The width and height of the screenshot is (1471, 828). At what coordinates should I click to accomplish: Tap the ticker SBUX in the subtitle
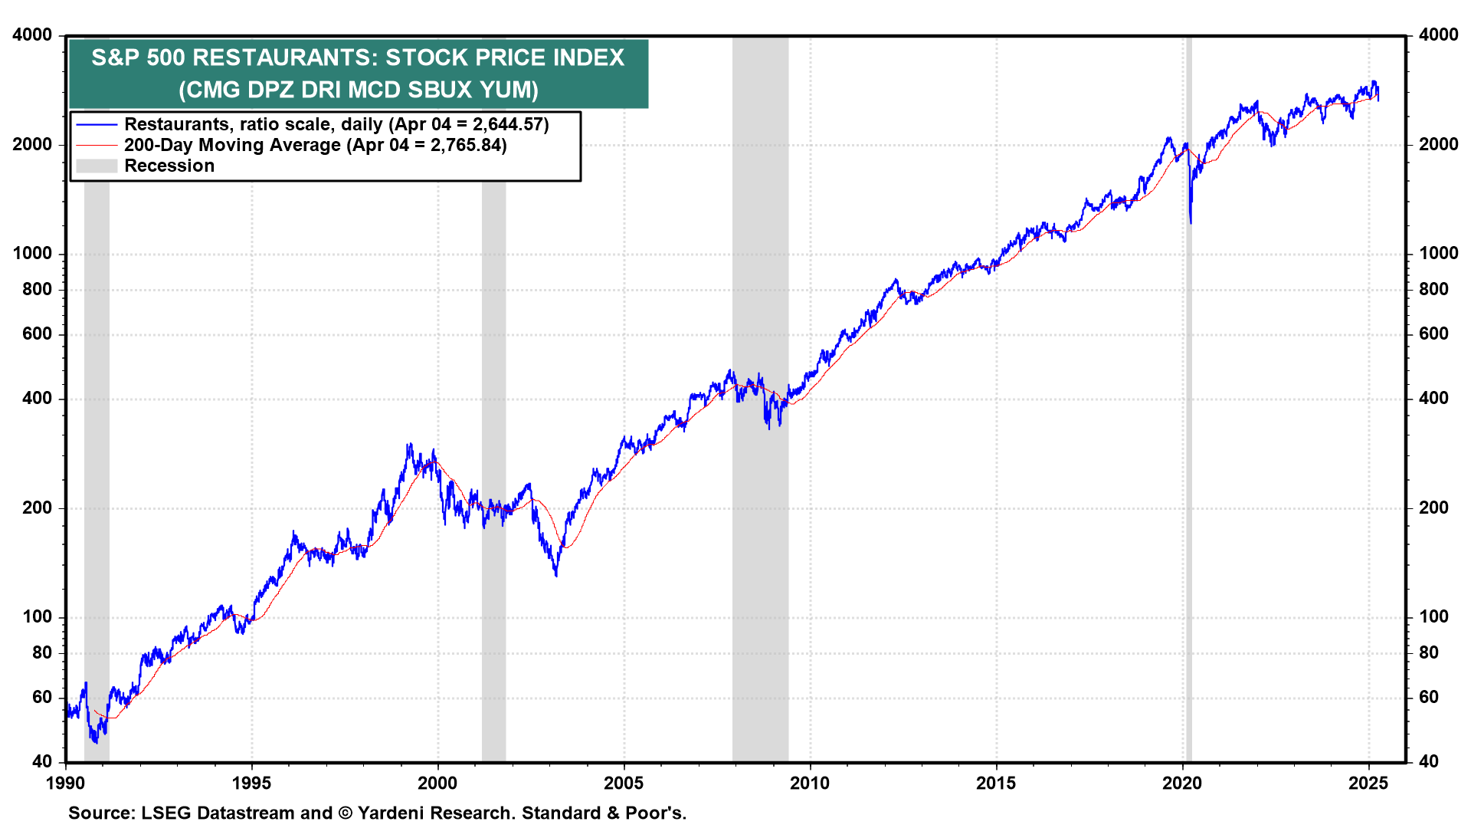(x=440, y=90)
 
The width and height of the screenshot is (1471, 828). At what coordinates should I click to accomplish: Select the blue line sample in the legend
(x=97, y=125)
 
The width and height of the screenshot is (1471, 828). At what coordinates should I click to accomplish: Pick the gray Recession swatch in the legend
(x=97, y=166)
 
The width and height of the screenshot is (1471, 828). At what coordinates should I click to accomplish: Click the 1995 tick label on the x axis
(x=251, y=784)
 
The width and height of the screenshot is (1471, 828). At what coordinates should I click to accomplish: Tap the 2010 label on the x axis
(x=810, y=784)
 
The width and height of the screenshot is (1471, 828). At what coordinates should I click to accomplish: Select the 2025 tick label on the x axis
(x=1368, y=784)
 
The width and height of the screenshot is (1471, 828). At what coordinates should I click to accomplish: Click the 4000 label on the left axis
(x=32, y=35)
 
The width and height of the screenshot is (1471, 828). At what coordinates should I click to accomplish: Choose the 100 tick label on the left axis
(x=37, y=617)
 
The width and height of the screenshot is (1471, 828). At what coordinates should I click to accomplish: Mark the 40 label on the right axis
(x=1429, y=762)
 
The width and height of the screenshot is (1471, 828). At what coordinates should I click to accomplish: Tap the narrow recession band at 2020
(x=1188, y=460)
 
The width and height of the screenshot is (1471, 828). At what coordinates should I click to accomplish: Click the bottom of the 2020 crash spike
(x=1191, y=222)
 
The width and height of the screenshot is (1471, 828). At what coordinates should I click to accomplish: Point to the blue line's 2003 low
(x=556, y=574)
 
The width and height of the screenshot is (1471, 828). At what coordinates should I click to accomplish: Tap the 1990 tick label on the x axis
(x=65, y=784)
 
